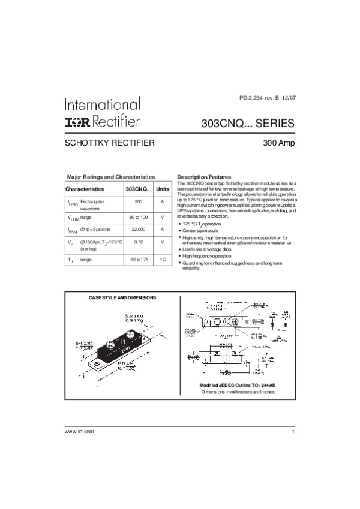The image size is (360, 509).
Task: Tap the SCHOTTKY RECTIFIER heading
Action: tap(110, 143)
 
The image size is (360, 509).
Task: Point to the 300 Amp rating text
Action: tap(278, 144)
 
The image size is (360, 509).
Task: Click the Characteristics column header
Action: tap(85, 189)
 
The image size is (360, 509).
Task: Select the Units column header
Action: tap(162, 189)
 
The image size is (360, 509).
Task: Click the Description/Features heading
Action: tap(204, 177)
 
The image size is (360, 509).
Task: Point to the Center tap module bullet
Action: tap(201, 231)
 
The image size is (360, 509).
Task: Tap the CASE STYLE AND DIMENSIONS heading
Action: tap(122, 297)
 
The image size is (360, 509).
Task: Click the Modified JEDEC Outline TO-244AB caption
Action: tap(236, 384)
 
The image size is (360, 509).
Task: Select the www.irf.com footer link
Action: tap(80, 432)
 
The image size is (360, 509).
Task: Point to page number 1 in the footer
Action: tap(293, 432)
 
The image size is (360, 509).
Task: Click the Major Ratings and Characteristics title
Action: tap(111, 177)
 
